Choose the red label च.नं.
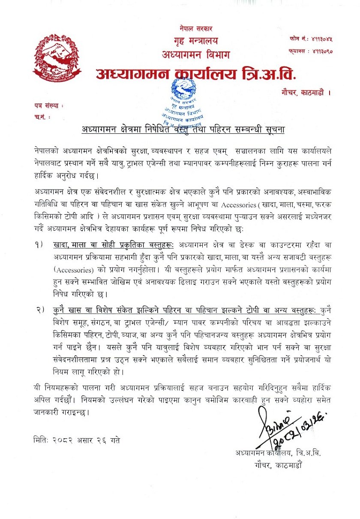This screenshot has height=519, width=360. pos(42,117)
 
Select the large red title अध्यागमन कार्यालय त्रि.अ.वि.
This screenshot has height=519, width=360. pos(195,75)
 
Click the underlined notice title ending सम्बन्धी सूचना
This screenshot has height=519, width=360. pos(183,129)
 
